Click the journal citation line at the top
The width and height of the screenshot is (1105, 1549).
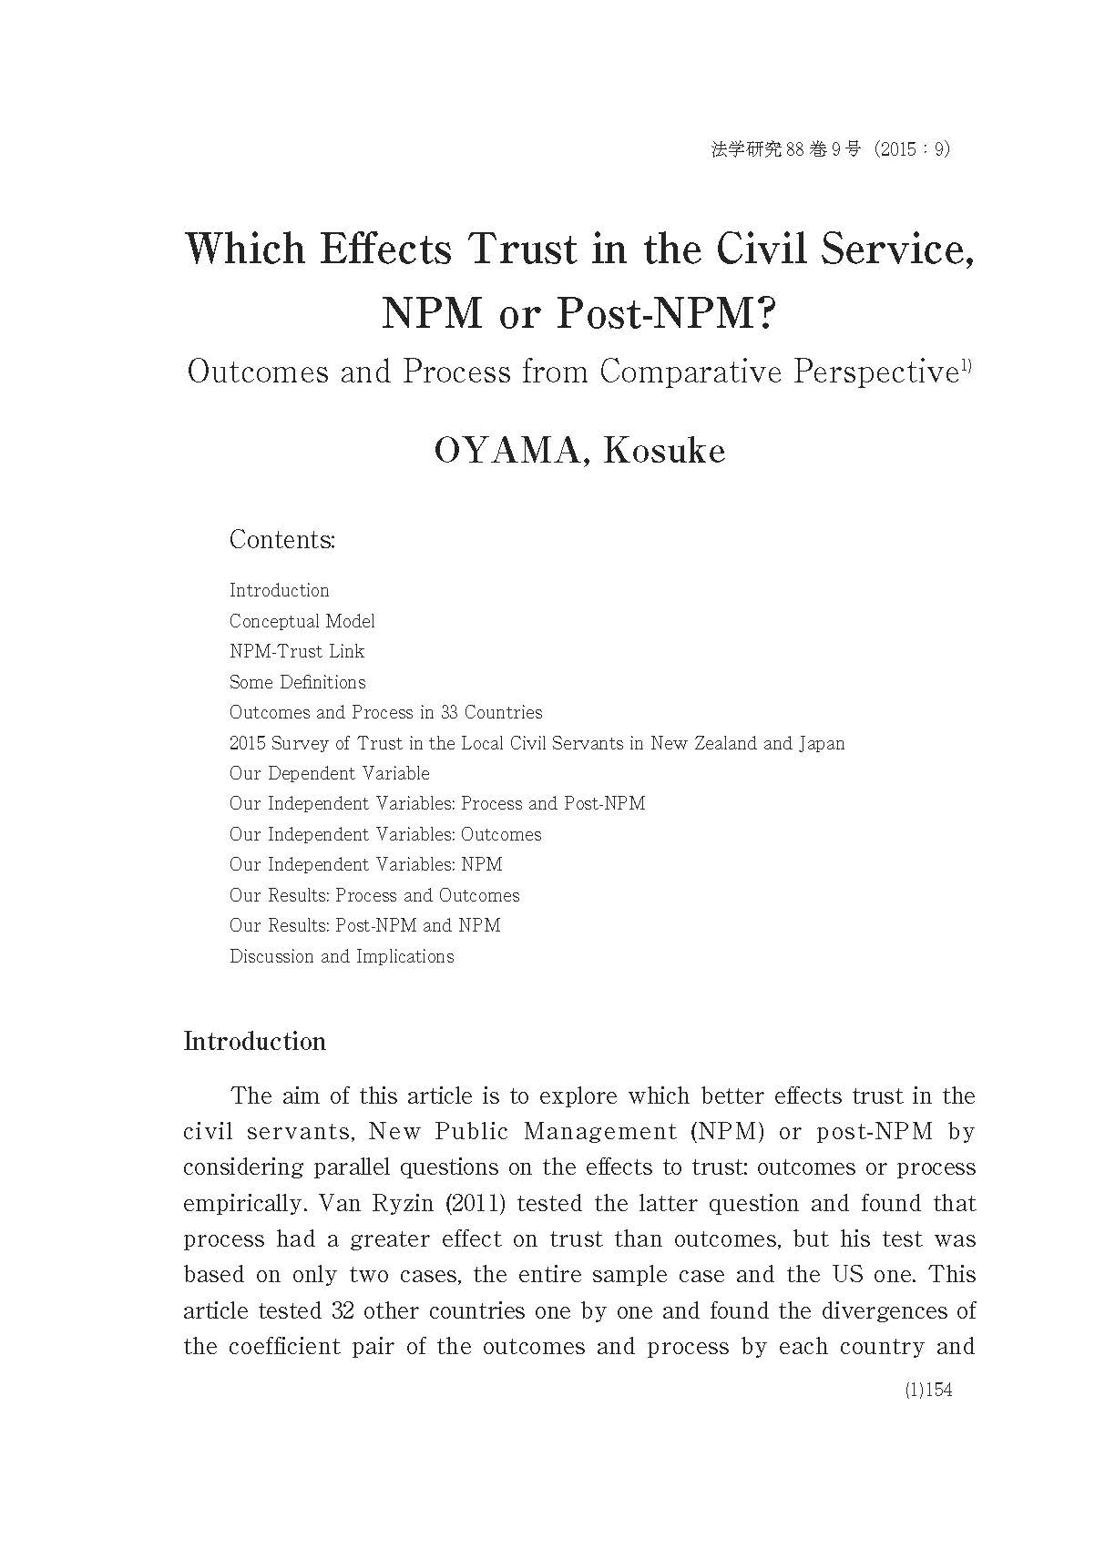tap(830, 149)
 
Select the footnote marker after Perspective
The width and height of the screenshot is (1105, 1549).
tap(966, 366)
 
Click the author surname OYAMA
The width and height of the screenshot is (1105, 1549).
tap(506, 451)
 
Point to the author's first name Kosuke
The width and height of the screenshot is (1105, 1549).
tap(664, 451)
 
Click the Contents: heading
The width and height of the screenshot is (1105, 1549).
tap(282, 539)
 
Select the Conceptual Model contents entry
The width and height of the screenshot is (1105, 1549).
tap(302, 621)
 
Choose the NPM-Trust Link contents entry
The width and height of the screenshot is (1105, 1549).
tap(297, 651)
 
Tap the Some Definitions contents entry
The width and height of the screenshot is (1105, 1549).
tap(297, 682)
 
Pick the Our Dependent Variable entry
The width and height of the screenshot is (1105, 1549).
tap(329, 773)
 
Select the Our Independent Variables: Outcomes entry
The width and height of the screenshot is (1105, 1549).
tap(385, 834)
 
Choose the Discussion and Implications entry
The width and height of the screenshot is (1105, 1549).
tap(342, 956)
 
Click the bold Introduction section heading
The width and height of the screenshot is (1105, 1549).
tap(254, 1042)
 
